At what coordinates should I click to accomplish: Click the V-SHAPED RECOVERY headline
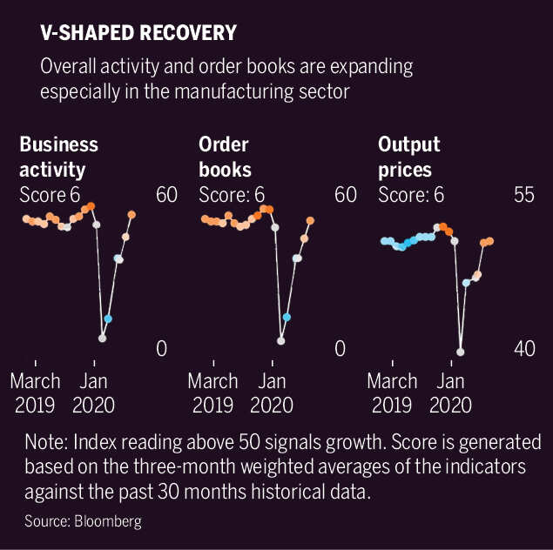click(x=138, y=33)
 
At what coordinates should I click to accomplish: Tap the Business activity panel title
click(x=58, y=156)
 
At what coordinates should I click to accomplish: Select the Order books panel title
click(x=225, y=156)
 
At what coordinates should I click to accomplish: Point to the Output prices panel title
click(x=409, y=156)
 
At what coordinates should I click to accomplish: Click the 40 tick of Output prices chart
click(x=523, y=348)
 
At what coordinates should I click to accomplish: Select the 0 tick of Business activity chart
click(x=161, y=348)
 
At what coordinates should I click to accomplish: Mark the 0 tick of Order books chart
click(x=341, y=348)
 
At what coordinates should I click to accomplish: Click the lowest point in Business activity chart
click(x=103, y=338)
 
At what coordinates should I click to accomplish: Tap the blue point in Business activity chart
click(x=108, y=319)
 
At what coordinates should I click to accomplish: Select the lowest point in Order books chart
click(x=281, y=340)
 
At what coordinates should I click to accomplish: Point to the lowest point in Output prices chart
click(x=461, y=352)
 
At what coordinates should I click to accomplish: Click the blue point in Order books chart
click(x=287, y=317)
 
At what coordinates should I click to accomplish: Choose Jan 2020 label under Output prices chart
click(x=449, y=392)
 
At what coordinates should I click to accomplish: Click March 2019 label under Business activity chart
click(x=35, y=392)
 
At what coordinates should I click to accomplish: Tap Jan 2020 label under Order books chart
click(x=272, y=392)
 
